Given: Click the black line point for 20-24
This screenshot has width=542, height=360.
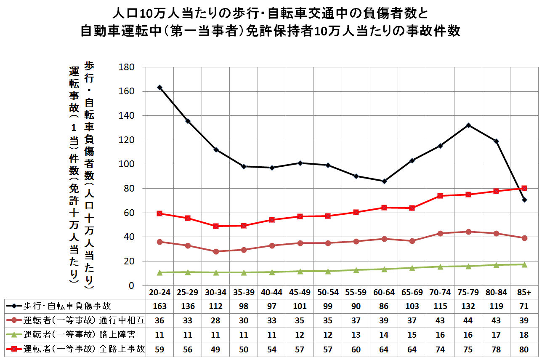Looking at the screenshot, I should (x=159, y=88).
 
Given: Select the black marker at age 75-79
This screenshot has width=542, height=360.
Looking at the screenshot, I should (x=468, y=125).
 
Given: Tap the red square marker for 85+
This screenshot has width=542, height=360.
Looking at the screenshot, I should (x=524, y=188).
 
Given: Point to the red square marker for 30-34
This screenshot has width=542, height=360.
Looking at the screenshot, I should (x=216, y=226).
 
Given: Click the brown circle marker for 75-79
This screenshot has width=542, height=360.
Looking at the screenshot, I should (x=468, y=232).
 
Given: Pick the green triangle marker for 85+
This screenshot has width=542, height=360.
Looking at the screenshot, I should (x=524, y=264).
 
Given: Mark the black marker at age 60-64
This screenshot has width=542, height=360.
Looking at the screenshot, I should (x=384, y=181).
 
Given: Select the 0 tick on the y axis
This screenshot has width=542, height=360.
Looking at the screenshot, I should (x=131, y=285).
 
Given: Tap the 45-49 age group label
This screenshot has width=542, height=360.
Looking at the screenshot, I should (x=300, y=293).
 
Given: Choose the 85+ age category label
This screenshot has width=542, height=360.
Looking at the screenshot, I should (x=524, y=293).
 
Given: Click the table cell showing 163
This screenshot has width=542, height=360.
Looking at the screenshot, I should (x=159, y=307).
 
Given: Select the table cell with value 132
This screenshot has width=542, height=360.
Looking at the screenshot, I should (x=468, y=307).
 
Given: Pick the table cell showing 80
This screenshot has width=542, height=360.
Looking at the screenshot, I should (x=524, y=349).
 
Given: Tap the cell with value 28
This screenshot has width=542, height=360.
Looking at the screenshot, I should (x=216, y=321).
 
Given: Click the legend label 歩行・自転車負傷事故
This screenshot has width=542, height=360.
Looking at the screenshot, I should (x=67, y=307).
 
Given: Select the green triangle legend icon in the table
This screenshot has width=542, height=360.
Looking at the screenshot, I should (x=14, y=335).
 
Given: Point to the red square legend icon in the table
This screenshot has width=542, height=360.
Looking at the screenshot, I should (x=14, y=349).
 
